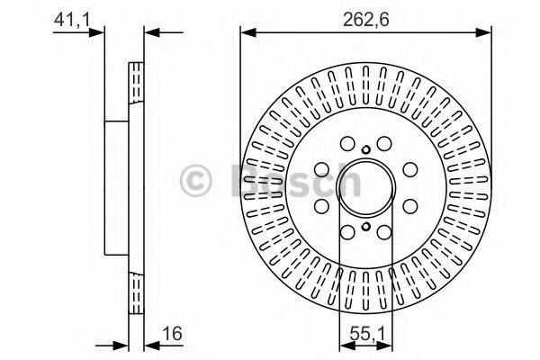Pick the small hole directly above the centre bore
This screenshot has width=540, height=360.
[x=365, y=150]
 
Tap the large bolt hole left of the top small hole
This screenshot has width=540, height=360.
[x=347, y=142]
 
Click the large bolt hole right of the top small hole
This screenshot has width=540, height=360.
[x=384, y=142]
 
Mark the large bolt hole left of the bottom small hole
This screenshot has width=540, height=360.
[x=347, y=231]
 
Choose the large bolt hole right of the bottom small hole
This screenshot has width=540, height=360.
[x=384, y=231]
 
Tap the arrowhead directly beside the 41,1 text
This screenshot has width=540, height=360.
[x=98, y=34]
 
